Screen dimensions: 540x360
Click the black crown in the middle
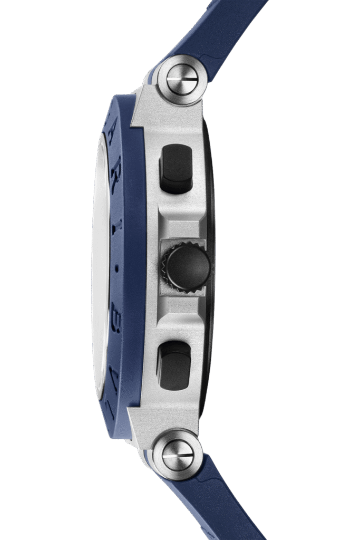[x=188, y=268]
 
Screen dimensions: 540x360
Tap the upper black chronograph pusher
[x=176, y=168]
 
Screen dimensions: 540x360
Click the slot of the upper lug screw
[x=182, y=80]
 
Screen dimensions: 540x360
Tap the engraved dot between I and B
[x=116, y=268]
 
